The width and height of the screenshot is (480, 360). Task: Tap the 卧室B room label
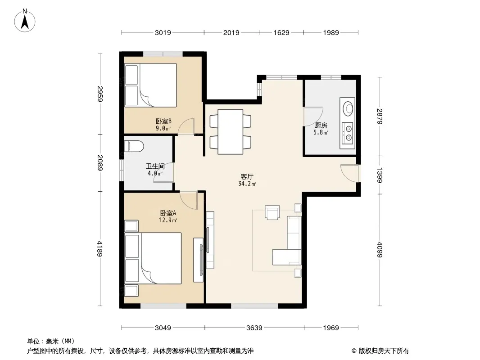pos(163,121)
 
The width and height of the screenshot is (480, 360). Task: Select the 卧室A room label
pos(168,213)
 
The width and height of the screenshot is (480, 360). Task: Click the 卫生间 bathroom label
pos(155,166)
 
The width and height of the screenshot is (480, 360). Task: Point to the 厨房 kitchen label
pos(321,126)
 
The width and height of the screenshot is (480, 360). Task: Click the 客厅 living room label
pos(247,176)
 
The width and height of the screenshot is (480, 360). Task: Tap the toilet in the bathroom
pos(134,146)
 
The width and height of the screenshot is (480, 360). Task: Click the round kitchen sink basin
pos(348,108)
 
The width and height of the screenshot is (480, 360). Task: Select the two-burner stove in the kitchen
pos(348,132)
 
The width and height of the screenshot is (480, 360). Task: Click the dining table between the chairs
pos(231,132)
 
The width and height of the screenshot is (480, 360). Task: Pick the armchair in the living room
pos(272,212)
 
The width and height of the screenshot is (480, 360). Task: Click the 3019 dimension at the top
pos(163,32)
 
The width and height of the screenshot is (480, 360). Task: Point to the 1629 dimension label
pos(281,32)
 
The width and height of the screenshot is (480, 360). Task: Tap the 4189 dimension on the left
pos(100,248)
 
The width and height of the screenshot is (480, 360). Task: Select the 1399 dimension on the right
pos(380,175)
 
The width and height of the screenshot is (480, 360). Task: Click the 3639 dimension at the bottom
pos(254,328)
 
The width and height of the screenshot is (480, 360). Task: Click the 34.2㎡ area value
pos(247,184)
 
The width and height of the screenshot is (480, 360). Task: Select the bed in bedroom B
pos(150,85)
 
